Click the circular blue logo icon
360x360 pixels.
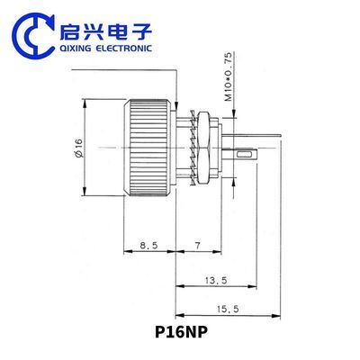pyautogui.click(x=33, y=35)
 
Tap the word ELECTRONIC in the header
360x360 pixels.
pyautogui.click(x=123, y=49)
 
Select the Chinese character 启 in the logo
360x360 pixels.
pyautogui.click(x=69, y=31)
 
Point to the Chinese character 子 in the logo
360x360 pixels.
pyautogui.click(x=141, y=31)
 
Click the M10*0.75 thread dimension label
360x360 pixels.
pyautogui.click(x=229, y=76)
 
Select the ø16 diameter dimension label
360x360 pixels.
pyautogui.click(x=79, y=148)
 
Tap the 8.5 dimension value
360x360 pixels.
pyautogui.click(x=148, y=246)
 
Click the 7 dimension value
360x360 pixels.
pyautogui.click(x=197, y=246)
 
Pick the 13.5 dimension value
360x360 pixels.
pyautogui.click(x=216, y=281)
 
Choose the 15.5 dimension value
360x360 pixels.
pyautogui.click(x=228, y=309)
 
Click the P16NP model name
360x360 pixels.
pyautogui.click(x=181, y=332)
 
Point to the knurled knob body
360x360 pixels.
pyautogui.click(x=149, y=148)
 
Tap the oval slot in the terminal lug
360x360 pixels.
pyautogui.click(x=245, y=155)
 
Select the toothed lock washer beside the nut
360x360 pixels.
pyautogui.click(x=193, y=148)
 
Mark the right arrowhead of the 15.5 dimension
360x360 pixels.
pyautogui.click(x=276, y=315)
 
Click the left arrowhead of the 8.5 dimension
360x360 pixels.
pyautogui.click(x=129, y=252)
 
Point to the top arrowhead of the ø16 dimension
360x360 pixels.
pyautogui.click(x=85, y=104)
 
